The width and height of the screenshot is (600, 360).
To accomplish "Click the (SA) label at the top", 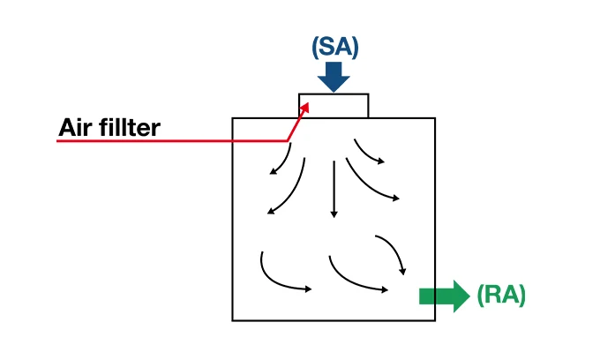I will (334, 48).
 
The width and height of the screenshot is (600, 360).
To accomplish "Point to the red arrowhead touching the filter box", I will (305, 107).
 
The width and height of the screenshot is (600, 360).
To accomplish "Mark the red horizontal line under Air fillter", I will (168, 140).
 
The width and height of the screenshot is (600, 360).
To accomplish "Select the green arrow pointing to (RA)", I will (444, 296).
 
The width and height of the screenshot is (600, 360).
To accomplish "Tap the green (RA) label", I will (501, 295).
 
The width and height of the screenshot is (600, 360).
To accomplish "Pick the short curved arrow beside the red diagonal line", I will (282, 159).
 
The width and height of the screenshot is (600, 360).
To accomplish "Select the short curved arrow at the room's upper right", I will (368, 151).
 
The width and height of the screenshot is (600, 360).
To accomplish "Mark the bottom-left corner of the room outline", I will (232, 319).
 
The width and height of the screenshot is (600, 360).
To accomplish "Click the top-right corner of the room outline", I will (435, 118).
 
